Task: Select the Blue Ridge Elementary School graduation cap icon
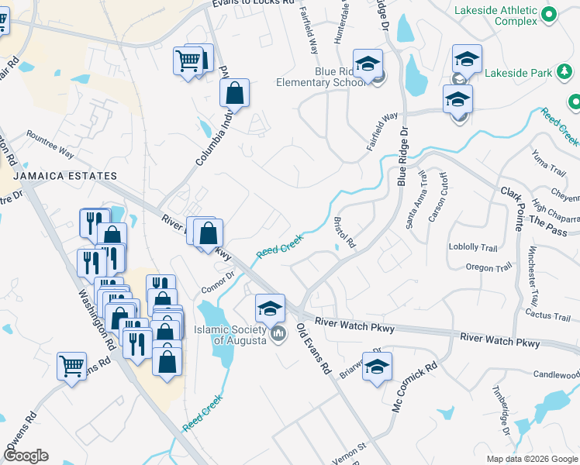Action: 368,63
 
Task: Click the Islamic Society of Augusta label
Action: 230,335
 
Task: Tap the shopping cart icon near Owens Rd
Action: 72,365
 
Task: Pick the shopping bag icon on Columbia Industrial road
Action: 233,93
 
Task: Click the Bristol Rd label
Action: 344,232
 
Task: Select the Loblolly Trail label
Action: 472,248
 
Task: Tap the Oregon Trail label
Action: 489,267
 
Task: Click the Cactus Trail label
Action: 547,313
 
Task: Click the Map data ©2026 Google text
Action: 531,459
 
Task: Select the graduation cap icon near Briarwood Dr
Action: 377,367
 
